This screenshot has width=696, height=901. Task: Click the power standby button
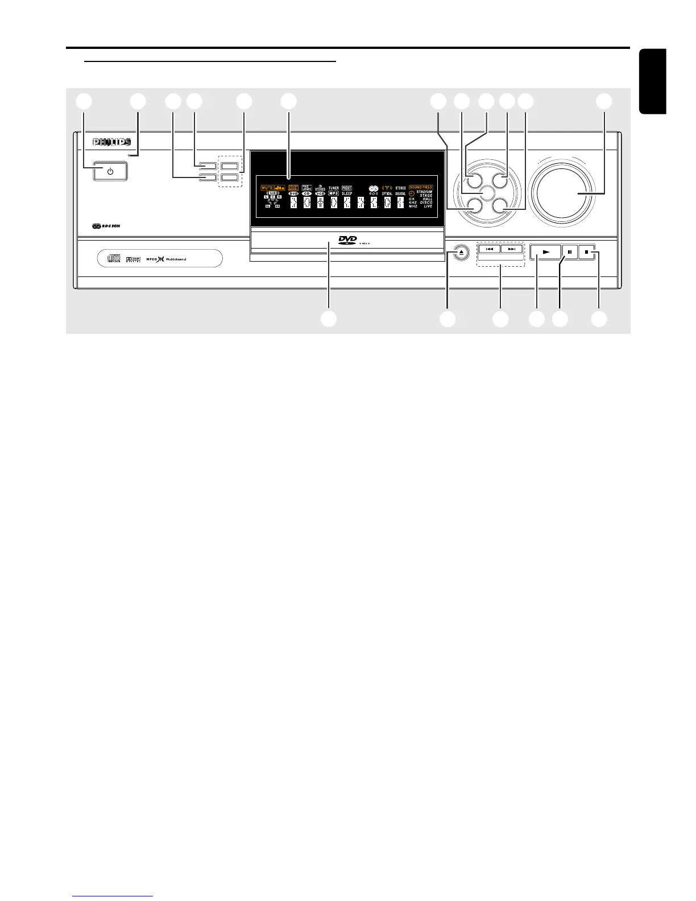(x=110, y=171)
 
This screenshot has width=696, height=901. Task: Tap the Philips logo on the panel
(x=112, y=142)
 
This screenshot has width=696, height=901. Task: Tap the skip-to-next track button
(x=511, y=249)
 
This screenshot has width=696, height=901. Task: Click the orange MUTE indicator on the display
(x=267, y=188)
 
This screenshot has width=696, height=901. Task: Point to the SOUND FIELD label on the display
(x=421, y=187)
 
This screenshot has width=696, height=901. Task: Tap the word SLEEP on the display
(x=347, y=193)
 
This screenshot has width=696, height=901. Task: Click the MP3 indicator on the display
(x=334, y=193)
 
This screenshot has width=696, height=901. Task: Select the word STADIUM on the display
(x=424, y=192)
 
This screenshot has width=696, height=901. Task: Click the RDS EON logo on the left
(x=106, y=226)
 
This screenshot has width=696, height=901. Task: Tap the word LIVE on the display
(x=428, y=206)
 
